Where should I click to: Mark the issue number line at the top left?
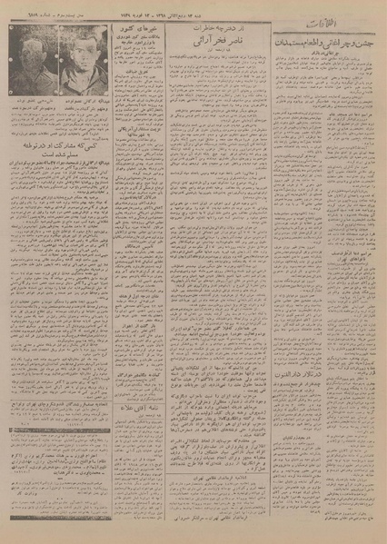36,8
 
